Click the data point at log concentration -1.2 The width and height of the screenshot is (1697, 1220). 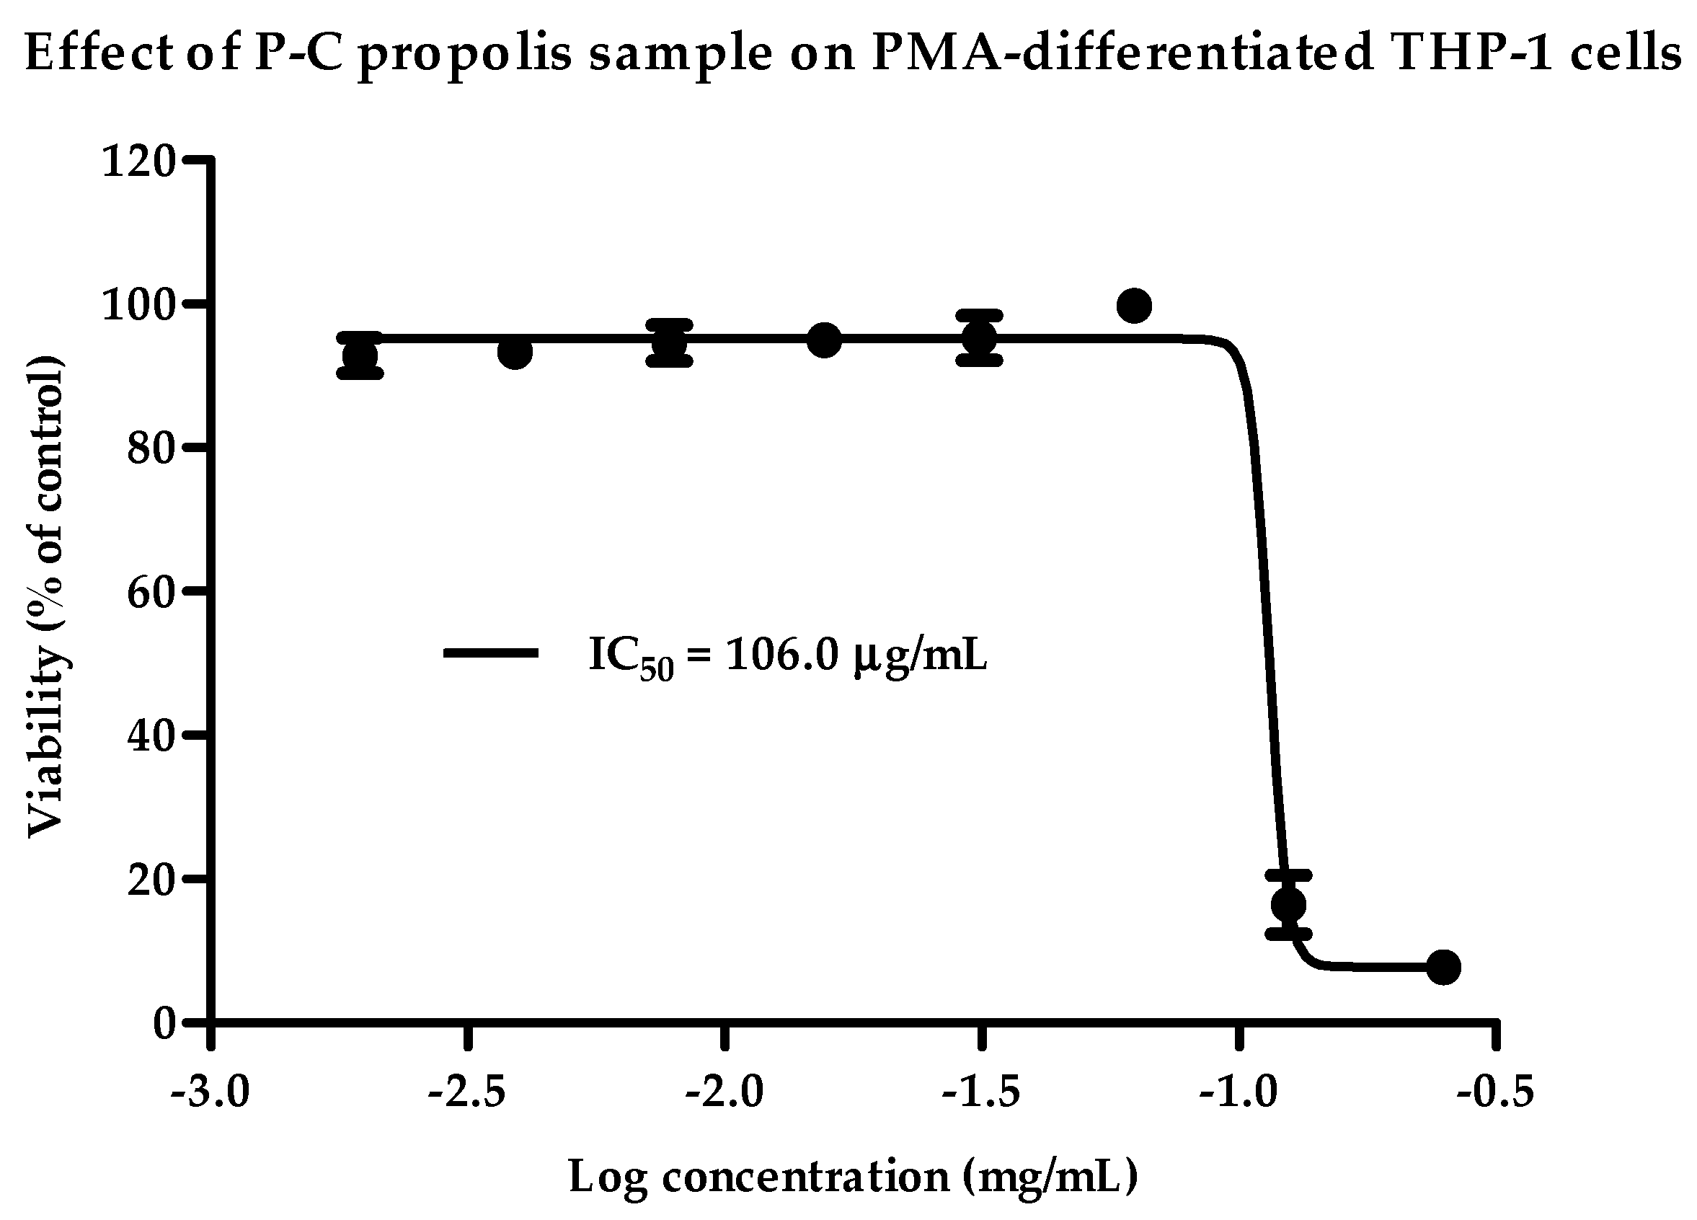click(1133, 306)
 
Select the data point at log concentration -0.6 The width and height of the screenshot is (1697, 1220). click(1443, 967)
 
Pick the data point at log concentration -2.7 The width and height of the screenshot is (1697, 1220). click(360, 355)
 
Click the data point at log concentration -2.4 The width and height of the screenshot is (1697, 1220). click(515, 352)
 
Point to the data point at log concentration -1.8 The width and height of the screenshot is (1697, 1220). click(824, 340)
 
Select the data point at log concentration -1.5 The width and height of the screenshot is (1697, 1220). click(979, 337)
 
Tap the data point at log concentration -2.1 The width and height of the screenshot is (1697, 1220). click(670, 342)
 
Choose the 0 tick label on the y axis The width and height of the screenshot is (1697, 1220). click(164, 1023)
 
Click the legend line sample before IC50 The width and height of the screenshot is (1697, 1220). click(491, 653)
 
